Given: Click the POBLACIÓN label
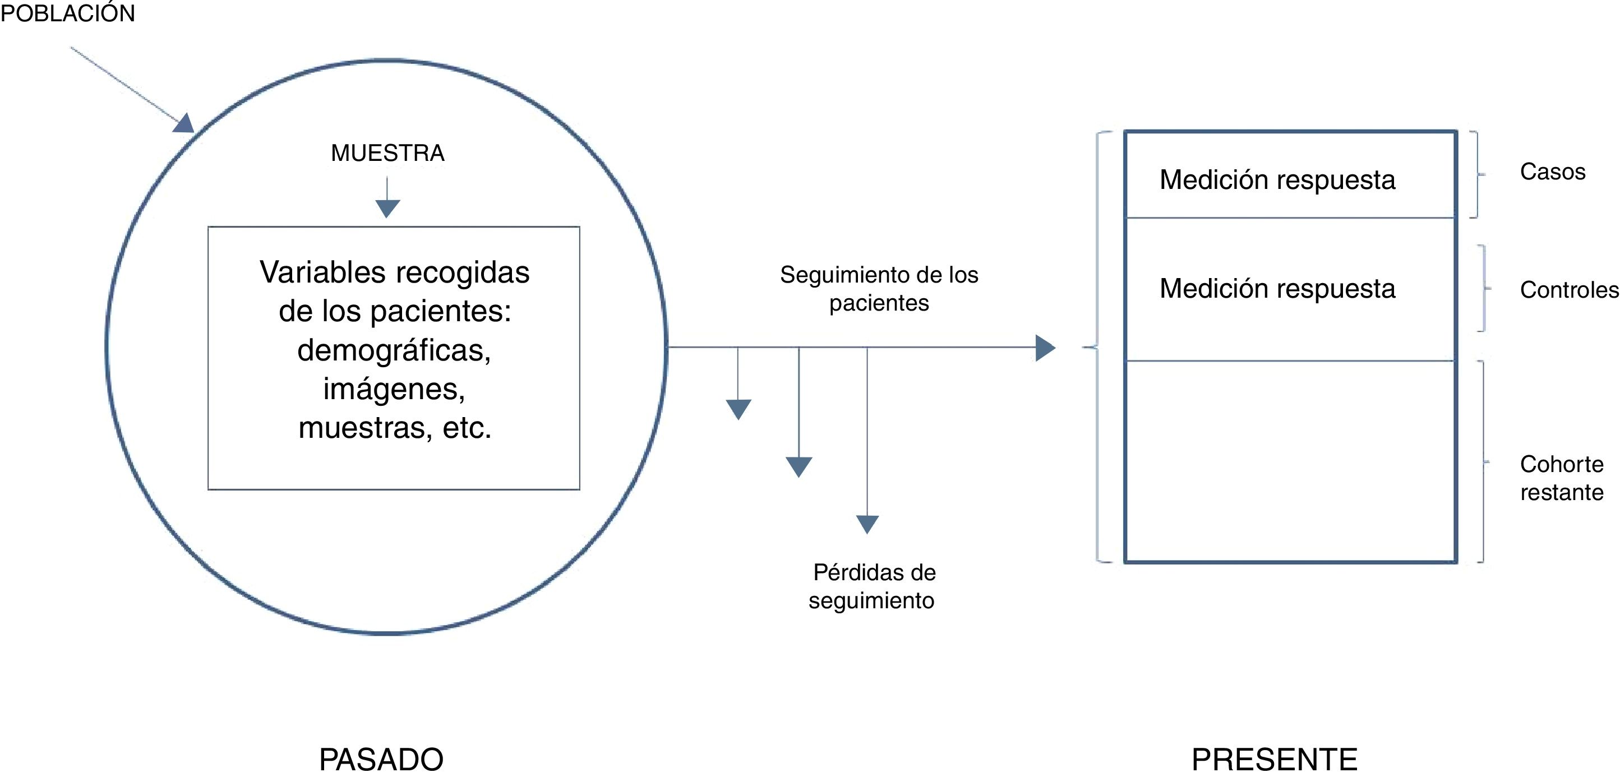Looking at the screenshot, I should pyautogui.click(x=67, y=13).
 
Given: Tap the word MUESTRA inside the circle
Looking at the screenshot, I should pyautogui.click(x=387, y=152).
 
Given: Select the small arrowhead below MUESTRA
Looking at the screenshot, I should pyautogui.click(x=387, y=208).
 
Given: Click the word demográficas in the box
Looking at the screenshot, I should pyautogui.click(x=394, y=350).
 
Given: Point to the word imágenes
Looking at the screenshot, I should pyautogui.click(x=394, y=389).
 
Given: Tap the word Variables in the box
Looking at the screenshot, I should pyautogui.click(x=322, y=273).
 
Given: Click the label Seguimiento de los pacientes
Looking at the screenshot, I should pyautogui.click(x=879, y=289).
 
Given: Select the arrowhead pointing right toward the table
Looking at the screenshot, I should pyautogui.click(x=1045, y=348).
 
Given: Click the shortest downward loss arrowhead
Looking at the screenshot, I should pyautogui.click(x=739, y=409).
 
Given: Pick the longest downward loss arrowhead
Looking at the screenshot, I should pyautogui.click(x=867, y=524).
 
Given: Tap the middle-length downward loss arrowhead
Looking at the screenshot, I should pyautogui.click(x=799, y=466).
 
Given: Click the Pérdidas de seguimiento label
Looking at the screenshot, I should pyautogui.click(x=873, y=586).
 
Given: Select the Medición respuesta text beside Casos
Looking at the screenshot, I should pyautogui.click(x=1277, y=180).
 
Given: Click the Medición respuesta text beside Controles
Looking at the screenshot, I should pyautogui.click(x=1277, y=289).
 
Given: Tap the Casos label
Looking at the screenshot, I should pyautogui.click(x=1552, y=172).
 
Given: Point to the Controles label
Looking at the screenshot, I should pyautogui.click(x=1568, y=290).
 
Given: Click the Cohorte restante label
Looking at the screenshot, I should pyautogui.click(x=1562, y=478).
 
